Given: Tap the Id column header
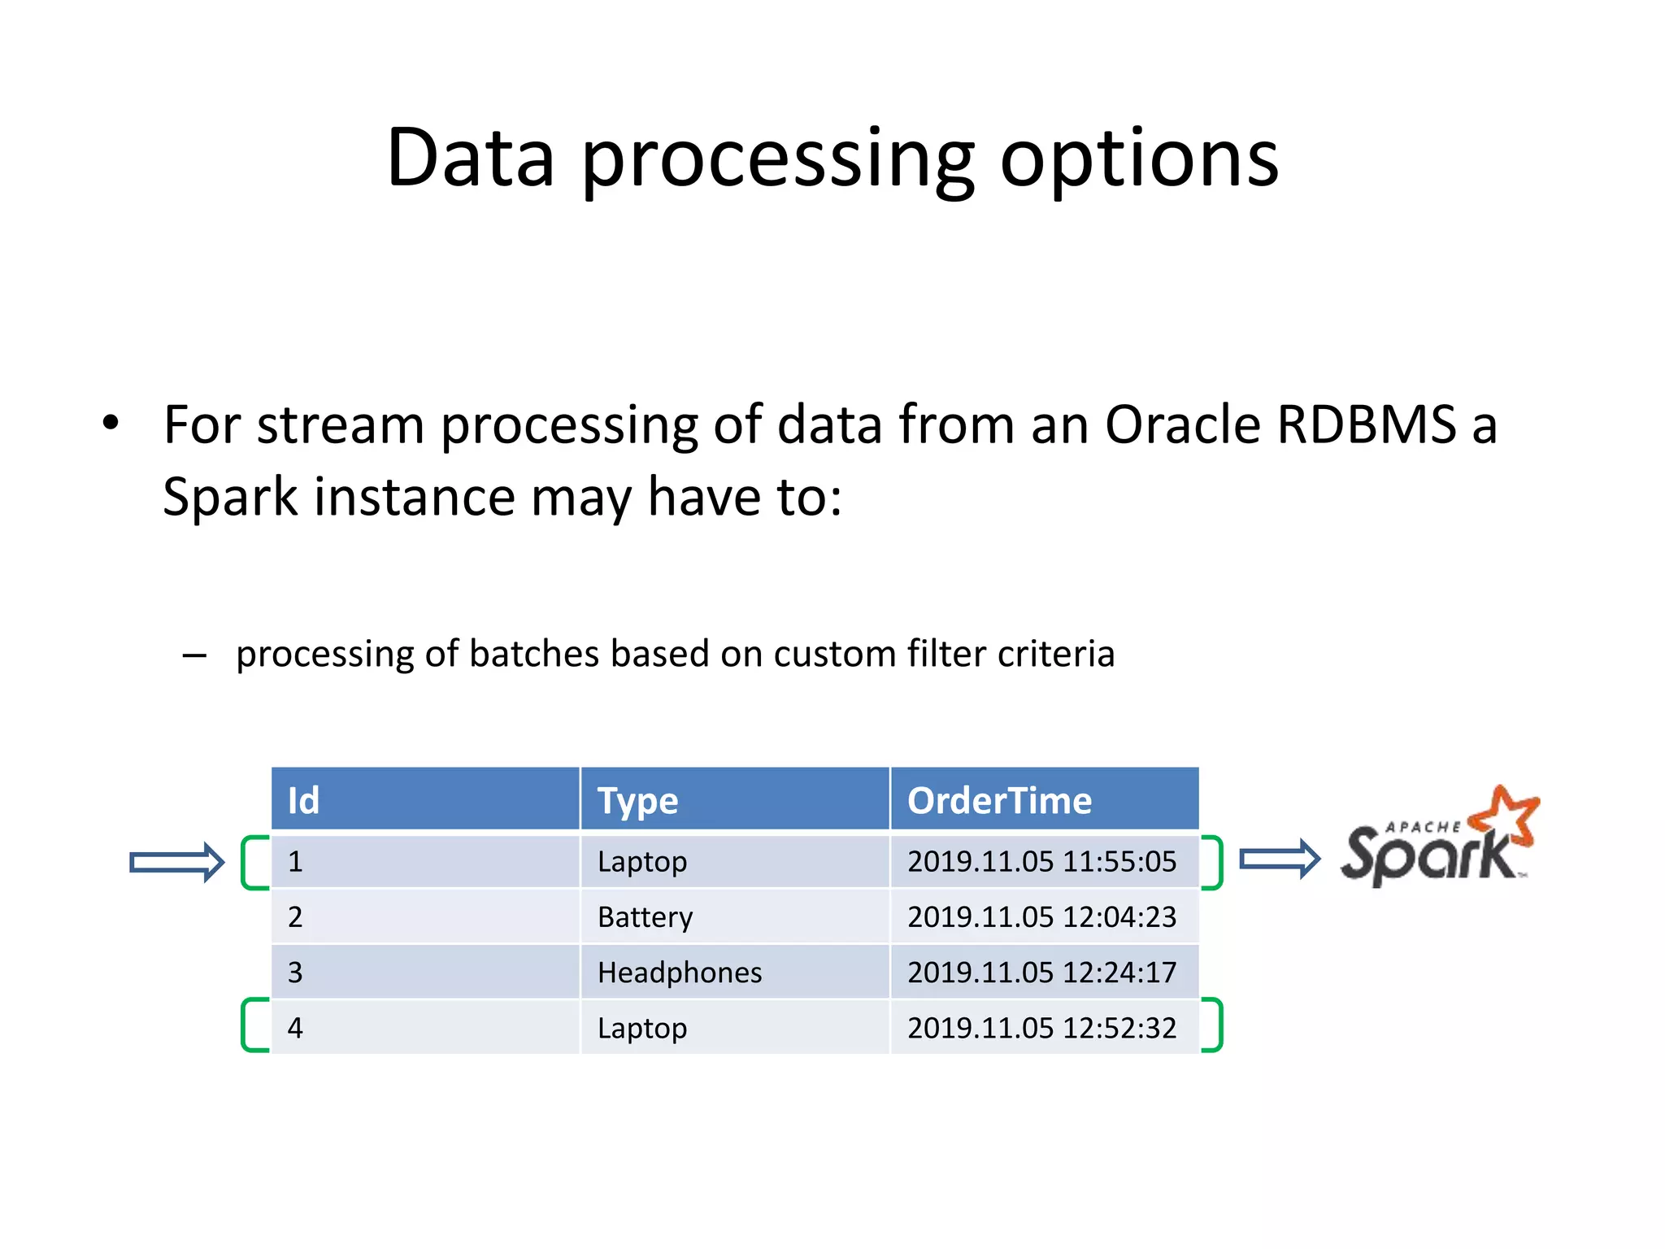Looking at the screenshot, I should click(x=303, y=801).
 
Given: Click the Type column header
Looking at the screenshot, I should click(x=637, y=801).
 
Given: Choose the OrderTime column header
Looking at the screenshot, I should click(x=999, y=801).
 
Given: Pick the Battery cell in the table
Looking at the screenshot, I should click(x=645, y=917).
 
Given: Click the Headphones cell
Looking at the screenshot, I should click(x=680, y=973).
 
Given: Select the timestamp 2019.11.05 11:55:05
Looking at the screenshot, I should click(x=1041, y=862).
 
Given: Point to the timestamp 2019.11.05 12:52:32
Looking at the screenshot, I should click(x=1041, y=1029).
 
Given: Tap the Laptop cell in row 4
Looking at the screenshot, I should click(x=642, y=1029).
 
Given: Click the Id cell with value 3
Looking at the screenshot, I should click(x=295, y=973).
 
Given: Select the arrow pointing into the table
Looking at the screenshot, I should click(x=177, y=862).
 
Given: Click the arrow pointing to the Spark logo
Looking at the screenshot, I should click(x=1280, y=859).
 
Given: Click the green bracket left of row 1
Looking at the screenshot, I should click(x=251, y=862).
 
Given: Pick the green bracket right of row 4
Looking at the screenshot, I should click(x=1215, y=1025).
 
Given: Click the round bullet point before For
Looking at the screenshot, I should click(x=111, y=423).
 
